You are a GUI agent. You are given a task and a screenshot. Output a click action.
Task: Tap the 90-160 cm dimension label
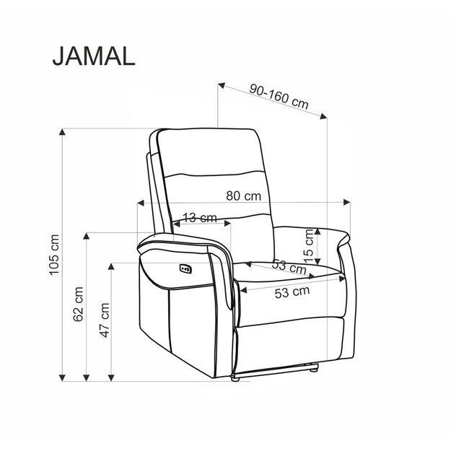click(279, 96)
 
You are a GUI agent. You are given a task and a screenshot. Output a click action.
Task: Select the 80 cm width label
click(242, 196)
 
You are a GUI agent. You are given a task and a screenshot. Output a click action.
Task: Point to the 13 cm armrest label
click(199, 218)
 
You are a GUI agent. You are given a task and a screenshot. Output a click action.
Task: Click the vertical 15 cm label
click(309, 245)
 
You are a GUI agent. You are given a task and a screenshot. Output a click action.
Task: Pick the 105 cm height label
click(53, 255)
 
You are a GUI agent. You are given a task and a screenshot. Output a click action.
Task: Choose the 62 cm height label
click(79, 303)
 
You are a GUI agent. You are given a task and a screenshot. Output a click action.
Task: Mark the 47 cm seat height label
click(105, 320)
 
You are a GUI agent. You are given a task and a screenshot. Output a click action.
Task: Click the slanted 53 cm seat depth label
click(289, 266)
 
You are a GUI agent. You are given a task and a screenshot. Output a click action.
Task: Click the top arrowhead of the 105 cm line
click(63, 131)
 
